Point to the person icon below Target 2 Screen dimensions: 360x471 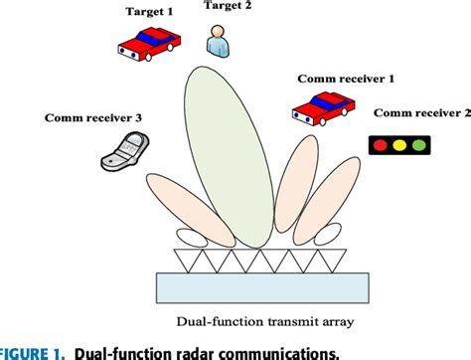tap(217, 41)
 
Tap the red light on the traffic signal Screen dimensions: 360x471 tap(382, 146)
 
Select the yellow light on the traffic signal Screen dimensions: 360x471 tap(400, 146)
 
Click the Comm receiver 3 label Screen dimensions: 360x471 tap(92, 118)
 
